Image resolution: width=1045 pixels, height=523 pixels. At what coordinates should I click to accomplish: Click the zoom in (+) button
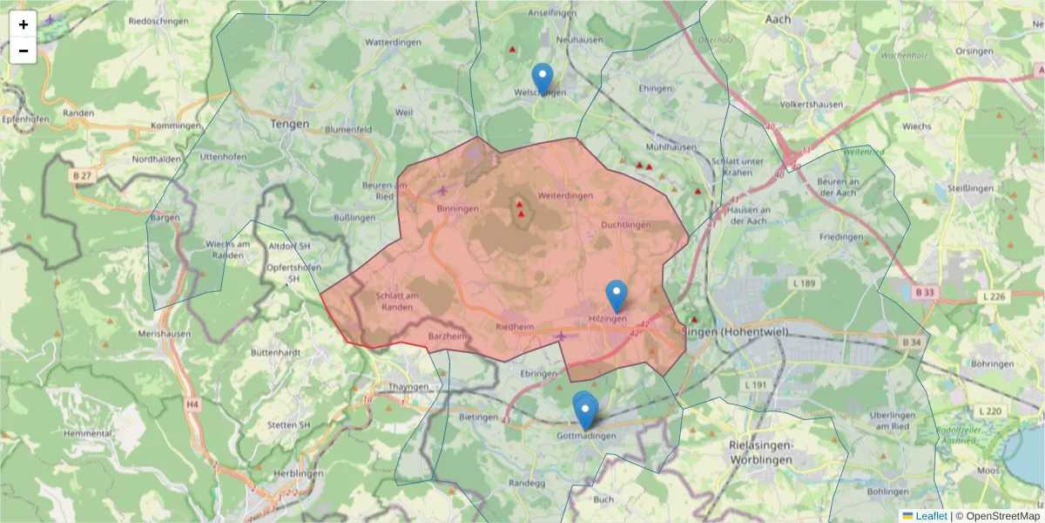(24, 24)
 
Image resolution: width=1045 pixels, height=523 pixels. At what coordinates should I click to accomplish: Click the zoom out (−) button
(24, 51)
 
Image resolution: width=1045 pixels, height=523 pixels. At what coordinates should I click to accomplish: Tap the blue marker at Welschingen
(542, 78)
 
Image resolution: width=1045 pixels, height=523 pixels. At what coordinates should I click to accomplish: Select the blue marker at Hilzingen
(617, 296)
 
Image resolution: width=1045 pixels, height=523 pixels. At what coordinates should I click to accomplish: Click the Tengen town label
(290, 125)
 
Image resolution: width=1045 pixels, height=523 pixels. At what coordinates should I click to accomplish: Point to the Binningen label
(457, 209)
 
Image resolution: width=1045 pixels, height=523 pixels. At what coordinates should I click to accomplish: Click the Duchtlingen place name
(625, 225)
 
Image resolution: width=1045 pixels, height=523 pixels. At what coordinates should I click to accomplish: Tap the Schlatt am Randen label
(400, 301)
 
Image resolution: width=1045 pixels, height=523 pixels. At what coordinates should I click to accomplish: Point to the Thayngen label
(408, 386)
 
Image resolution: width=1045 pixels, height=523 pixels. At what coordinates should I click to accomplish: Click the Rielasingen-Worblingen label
(759, 451)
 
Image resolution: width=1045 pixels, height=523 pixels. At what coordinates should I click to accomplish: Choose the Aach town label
(776, 18)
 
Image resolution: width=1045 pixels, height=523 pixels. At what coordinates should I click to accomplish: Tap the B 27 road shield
(82, 175)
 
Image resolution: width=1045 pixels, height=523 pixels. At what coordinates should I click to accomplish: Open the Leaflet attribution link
(931, 516)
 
